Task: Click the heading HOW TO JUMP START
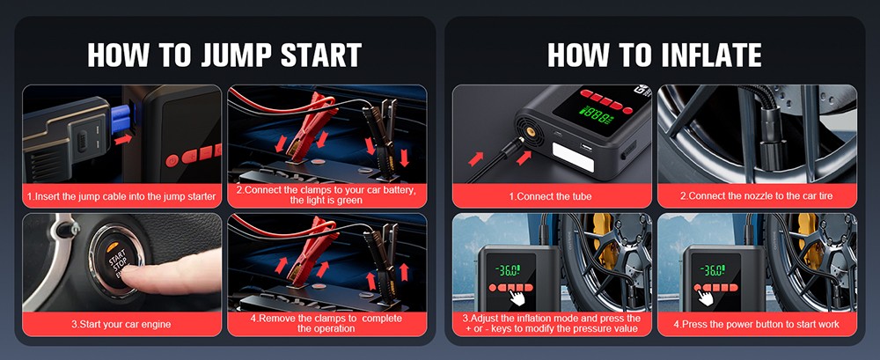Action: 224,55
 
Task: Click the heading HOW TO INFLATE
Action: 654,55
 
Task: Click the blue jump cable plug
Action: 121,120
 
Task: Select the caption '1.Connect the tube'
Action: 550,195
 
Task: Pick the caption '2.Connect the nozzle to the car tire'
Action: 756,195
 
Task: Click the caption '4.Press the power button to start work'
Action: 756,324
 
